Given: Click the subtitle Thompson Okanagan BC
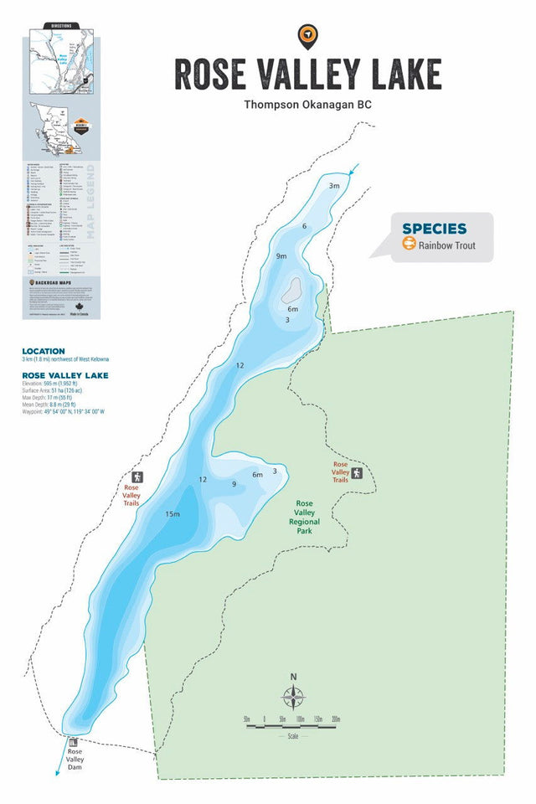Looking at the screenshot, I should click(307, 105).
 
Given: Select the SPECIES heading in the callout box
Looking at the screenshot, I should click(434, 229).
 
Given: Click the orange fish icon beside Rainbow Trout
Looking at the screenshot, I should click(410, 245).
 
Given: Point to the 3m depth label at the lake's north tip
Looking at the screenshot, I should click(334, 186).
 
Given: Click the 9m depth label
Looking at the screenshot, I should click(281, 255).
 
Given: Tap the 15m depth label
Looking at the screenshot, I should click(173, 513).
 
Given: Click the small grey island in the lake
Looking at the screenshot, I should click(291, 291).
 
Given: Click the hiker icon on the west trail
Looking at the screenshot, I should click(137, 477).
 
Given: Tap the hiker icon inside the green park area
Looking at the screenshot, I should click(358, 473).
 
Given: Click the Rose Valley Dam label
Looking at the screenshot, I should click(76, 760).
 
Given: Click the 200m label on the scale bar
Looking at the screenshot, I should click(335, 719).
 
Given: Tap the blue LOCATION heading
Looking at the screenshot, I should click(44, 351).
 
